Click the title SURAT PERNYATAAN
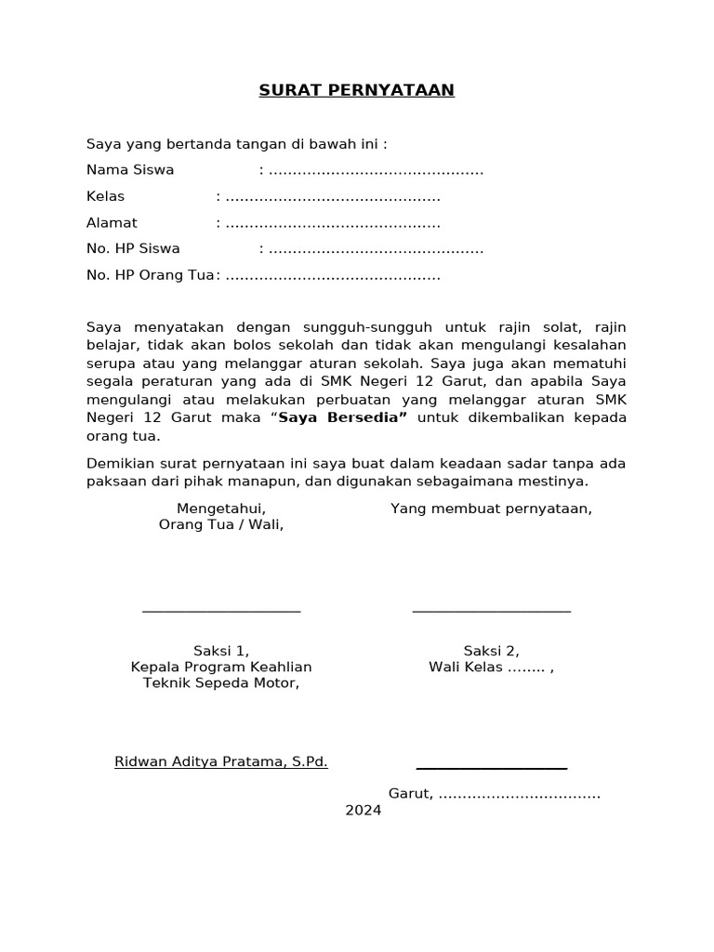point(357,90)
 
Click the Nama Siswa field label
point(130,170)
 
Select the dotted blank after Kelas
point(333,197)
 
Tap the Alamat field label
point(112,223)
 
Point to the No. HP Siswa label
point(133,249)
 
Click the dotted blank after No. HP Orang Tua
point(333,276)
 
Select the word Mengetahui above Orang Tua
point(221,509)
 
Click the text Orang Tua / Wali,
point(221,524)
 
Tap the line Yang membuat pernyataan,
point(491,509)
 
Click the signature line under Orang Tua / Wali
point(221,611)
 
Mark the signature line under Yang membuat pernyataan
point(491,611)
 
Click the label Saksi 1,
point(221,651)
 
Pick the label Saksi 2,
point(491,651)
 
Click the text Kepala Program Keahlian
point(221,668)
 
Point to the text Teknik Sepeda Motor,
point(221,683)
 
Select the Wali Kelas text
point(465,668)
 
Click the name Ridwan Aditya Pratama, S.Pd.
point(221,762)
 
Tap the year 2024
point(364,811)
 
